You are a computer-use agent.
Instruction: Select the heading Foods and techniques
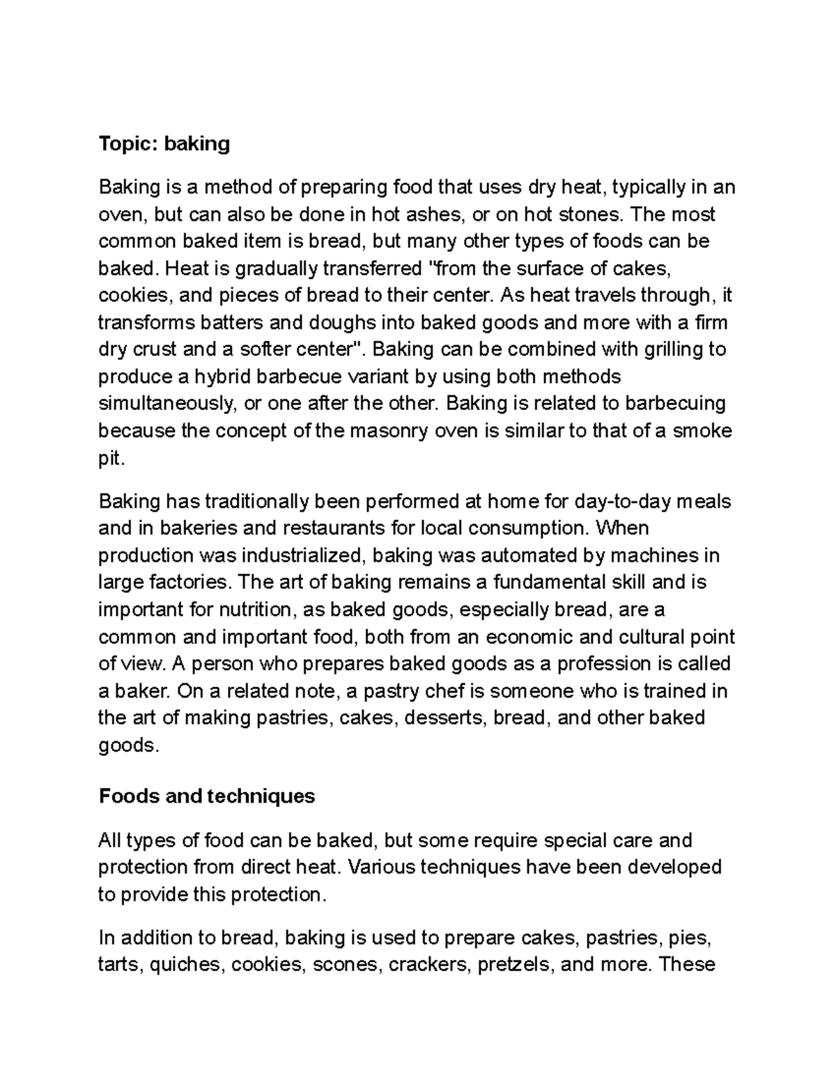pos(207,796)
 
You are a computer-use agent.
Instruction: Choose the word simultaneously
pos(164,404)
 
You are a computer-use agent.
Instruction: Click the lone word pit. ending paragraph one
pos(111,459)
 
